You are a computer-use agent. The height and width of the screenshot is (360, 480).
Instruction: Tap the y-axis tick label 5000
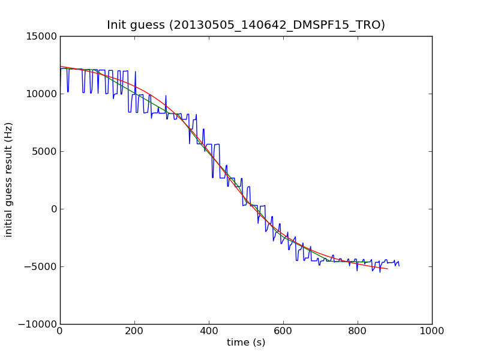[45, 151]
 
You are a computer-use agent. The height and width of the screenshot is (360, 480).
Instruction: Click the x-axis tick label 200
[134, 331]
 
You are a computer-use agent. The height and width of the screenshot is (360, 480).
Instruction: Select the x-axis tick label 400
[209, 331]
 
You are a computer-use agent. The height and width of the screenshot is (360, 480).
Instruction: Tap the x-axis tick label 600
[283, 331]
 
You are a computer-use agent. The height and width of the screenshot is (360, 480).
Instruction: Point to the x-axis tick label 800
[358, 331]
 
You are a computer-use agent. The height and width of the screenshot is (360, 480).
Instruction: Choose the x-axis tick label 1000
[432, 331]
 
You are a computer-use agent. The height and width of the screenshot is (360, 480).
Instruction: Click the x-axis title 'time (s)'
[246, 343]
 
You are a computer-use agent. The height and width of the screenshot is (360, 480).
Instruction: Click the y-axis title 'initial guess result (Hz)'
[9, 180]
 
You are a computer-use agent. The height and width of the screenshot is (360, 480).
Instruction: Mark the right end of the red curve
[388, 269]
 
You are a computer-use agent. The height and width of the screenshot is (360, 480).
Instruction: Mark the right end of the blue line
[399, 265]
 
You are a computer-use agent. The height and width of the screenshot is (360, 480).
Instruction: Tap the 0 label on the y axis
[53, 209]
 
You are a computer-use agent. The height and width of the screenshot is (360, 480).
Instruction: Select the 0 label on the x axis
[60, 331]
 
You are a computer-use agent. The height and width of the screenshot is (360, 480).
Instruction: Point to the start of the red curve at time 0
[61, 66]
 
